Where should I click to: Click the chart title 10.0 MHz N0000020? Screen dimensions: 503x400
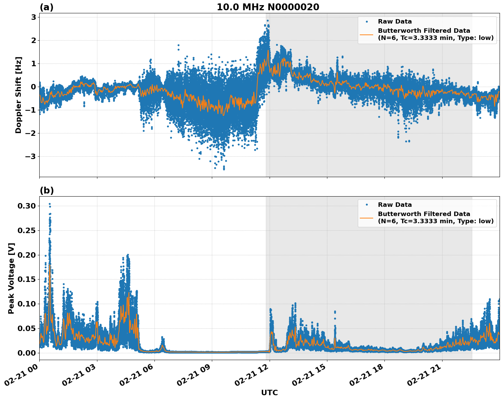click(x=268, y=7)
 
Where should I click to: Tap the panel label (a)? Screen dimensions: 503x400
click(x=46, y=7)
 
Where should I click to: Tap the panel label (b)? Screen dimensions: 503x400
click(x=46, y=190)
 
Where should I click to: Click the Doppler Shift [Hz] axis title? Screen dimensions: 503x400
click(x=18, y=95)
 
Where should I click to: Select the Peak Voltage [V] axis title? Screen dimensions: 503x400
click(x=11, y=278)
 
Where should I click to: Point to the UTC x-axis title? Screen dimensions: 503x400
click(x=269, y=392)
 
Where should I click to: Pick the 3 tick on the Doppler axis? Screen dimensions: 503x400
click(x=33, y=17)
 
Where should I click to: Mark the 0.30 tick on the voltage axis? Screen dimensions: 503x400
click(x=27, y=206)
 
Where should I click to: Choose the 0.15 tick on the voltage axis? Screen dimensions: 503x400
click(x=27, y=279)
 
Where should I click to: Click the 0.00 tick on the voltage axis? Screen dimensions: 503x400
click(x=27, y=353)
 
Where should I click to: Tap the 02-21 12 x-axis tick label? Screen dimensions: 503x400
click(x=255, y=376)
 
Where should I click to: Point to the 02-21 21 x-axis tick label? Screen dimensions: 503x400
click(x=427, y=376)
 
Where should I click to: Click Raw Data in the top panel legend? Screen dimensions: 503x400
click(x=395, y=22)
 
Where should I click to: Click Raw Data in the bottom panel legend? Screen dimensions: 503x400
click(x=395, y=205)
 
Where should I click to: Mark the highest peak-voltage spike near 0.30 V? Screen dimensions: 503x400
click(x=50, y=204)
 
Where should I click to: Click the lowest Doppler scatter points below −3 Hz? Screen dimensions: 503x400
click(x=224, y=168)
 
